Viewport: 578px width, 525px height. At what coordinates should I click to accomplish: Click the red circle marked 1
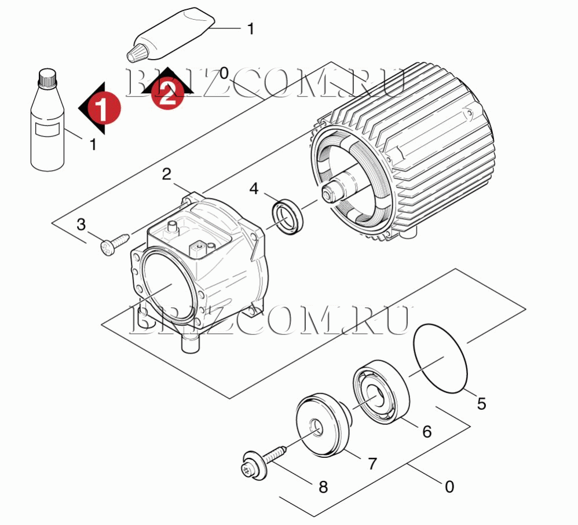(x=105, y=108)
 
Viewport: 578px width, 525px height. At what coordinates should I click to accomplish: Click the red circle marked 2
(x=168, y=92)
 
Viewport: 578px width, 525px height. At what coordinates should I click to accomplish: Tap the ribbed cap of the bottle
(x=48, y=79)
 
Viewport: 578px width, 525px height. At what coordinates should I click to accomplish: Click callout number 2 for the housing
(x=167, y=174)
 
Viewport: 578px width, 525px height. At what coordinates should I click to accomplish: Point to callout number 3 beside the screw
(x=81, y=224)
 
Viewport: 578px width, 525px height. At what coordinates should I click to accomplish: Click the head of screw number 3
(x=108, y=247)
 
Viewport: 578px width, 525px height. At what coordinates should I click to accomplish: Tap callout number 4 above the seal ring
(x=254, y=189)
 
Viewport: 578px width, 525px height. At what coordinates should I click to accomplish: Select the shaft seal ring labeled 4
(x=288, y=216)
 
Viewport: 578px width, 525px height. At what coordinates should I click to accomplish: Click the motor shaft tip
(x=327, y=193)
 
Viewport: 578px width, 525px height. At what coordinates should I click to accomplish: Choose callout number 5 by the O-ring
(x=481, y=403)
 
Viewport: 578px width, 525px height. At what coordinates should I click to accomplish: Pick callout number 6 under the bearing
(x=427, y=431)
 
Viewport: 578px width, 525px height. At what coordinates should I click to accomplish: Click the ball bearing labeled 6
(x=382, y=392)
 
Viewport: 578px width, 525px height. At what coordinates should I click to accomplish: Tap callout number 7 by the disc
(x=372, y=464)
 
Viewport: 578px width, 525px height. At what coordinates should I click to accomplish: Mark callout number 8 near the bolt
(x=323, y=487)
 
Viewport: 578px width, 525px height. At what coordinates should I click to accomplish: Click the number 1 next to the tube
(x=251, y=28)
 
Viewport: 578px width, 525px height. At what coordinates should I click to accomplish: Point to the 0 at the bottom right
(x=449, y=487)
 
